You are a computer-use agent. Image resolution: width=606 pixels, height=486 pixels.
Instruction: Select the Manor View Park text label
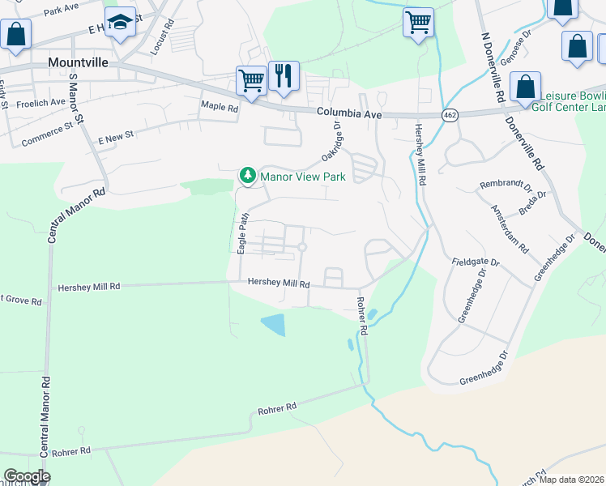tap(302, 177)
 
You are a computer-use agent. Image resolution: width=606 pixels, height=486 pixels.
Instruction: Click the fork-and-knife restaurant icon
tap(284, 76)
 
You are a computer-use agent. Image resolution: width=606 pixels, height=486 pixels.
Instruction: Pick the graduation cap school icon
tap(120, 24)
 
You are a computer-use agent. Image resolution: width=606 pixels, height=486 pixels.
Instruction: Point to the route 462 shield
tap(449, 116)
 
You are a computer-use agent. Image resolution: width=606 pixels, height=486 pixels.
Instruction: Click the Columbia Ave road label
tap(348, 115)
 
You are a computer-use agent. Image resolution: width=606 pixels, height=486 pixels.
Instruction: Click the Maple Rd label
tap(220, 107)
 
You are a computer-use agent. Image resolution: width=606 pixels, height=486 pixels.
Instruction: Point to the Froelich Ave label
tap(41, 103)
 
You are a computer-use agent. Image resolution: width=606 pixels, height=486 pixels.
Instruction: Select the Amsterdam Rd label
tap(508, 230)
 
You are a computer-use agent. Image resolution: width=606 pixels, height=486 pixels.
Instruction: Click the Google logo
tap(27, 476)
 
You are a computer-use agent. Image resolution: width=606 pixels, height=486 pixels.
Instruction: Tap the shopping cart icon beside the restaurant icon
tap(251, 81)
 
